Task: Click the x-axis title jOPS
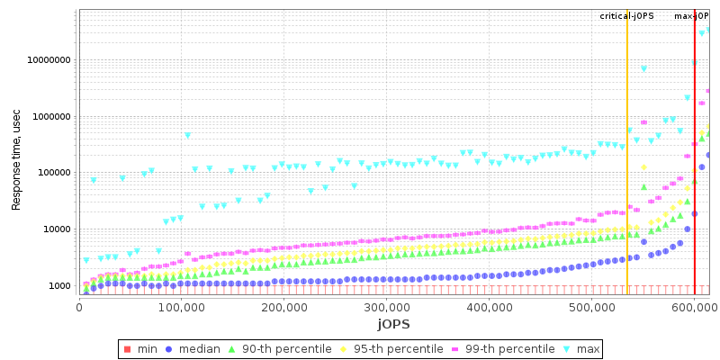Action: point(393,323)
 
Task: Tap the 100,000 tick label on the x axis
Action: point(181,307)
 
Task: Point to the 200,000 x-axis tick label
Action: point(283,307)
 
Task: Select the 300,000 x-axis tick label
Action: point(386,307)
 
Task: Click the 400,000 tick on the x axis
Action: point(489,307)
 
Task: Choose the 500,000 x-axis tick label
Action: point(591,307)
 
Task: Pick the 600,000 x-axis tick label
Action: point(694,307)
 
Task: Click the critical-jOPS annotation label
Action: point(627,16)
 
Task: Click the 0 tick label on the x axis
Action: point(79,307)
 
